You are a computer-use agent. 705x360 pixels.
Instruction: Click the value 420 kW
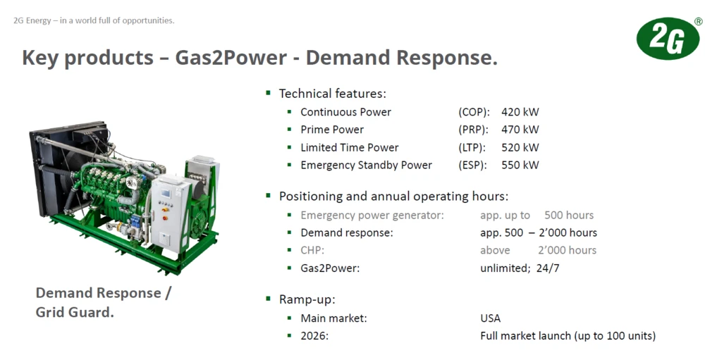pos(520,112)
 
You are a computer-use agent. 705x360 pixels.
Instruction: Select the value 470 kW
pos(520,130)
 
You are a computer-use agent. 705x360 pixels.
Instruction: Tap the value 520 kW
pos(520,147)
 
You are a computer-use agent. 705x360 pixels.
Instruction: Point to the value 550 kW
pos(520,165)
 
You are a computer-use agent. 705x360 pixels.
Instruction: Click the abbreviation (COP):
pos(474,112)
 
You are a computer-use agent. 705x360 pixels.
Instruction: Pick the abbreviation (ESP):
pos(473,165)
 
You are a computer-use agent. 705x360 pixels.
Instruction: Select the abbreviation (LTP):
pos(473,147)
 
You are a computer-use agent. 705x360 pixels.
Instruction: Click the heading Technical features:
pos(332,94)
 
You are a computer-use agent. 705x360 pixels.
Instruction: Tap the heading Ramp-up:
pos(307,299)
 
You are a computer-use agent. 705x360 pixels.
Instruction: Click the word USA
pos(490,318)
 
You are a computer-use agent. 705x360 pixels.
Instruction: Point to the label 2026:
pos(314,336)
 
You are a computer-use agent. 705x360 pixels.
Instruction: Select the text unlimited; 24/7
pos(520,268)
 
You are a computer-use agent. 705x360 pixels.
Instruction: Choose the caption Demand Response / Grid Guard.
pos(103,302)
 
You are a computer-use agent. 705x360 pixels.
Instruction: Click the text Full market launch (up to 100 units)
pos(568,336)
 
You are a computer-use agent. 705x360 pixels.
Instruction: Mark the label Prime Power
pos(332,130)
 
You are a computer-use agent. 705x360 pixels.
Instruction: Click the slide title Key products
pos(88,58)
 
